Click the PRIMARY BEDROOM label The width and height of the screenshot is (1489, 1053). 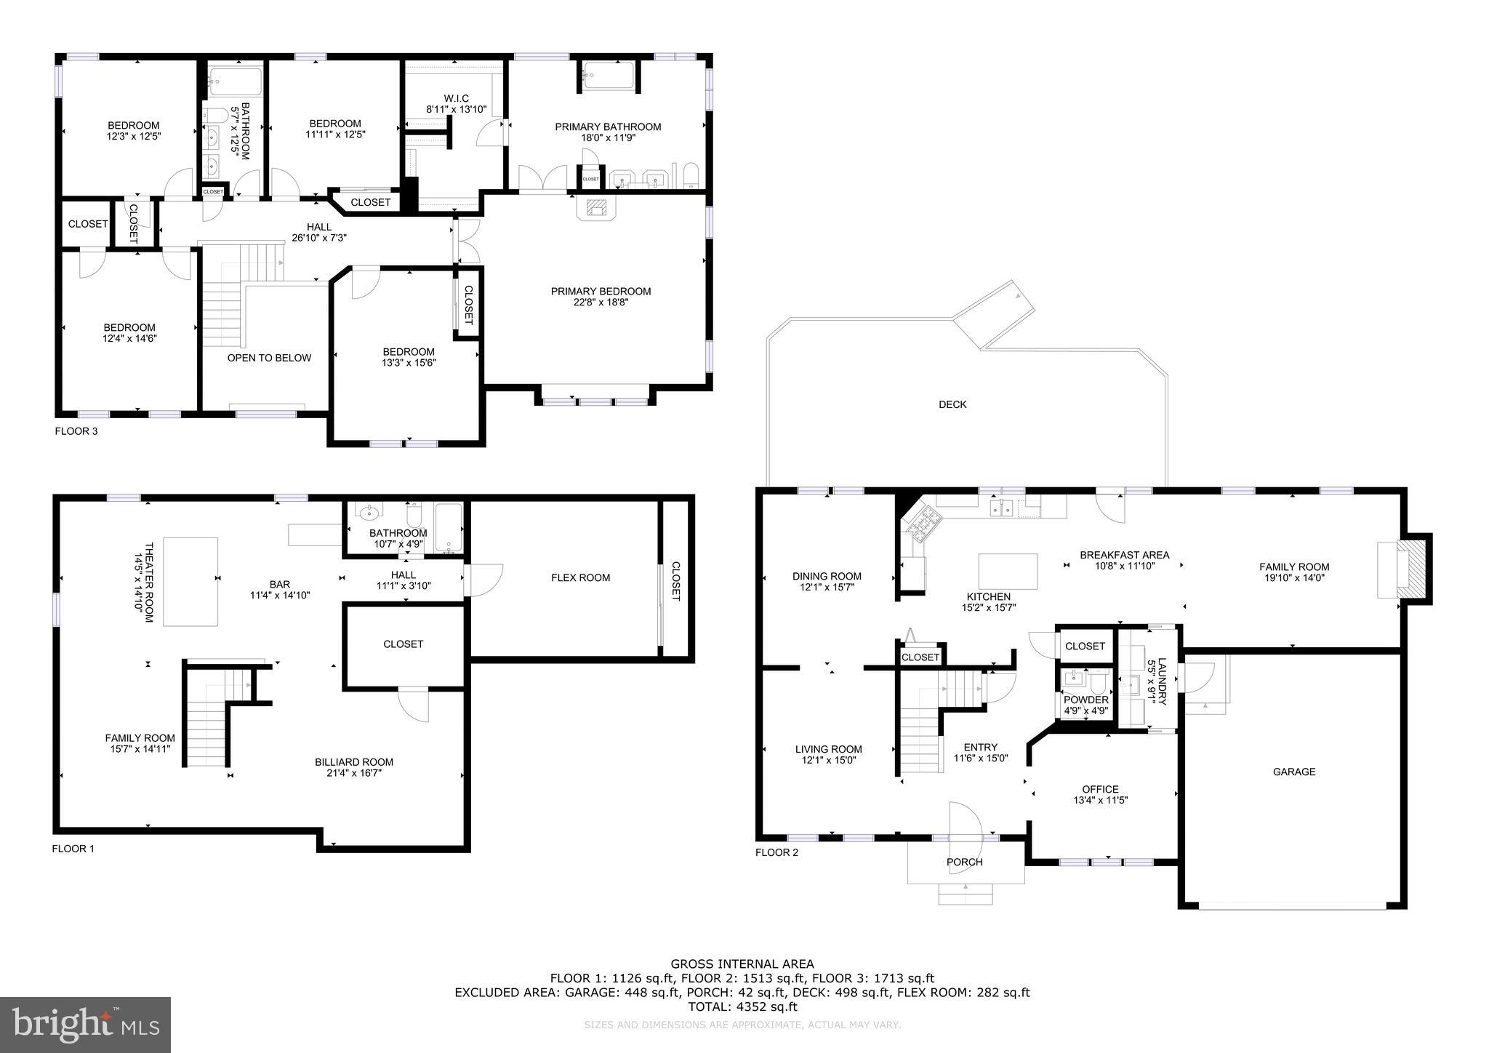pos(601,291)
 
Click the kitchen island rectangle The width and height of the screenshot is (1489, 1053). pos(1008,571)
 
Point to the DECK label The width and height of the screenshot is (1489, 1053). pos(952,404)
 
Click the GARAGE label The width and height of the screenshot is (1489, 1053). pos(1294,772)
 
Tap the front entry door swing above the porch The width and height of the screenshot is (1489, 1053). pos(966,822)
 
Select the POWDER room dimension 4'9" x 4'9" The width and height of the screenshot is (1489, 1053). pos(1085,710)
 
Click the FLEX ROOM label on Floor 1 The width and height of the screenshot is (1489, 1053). pos(580,577)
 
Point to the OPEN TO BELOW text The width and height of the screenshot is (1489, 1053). pos(269,358)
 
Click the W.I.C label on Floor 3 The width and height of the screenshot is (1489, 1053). pos(457,98)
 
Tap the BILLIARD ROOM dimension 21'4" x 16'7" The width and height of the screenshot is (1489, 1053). pos(354,773)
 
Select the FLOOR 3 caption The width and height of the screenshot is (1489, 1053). pos(76,431)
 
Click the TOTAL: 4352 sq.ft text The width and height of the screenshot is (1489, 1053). pos(742,1006)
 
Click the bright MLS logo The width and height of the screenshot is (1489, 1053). pos(86,1025)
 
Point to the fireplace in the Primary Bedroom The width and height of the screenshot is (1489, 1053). pos(596,208)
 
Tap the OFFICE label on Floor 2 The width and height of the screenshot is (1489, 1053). pos(1100,789)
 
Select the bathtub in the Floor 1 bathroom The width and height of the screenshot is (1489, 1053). pos(448,527)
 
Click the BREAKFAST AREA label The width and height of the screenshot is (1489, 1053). pos(1124,555)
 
